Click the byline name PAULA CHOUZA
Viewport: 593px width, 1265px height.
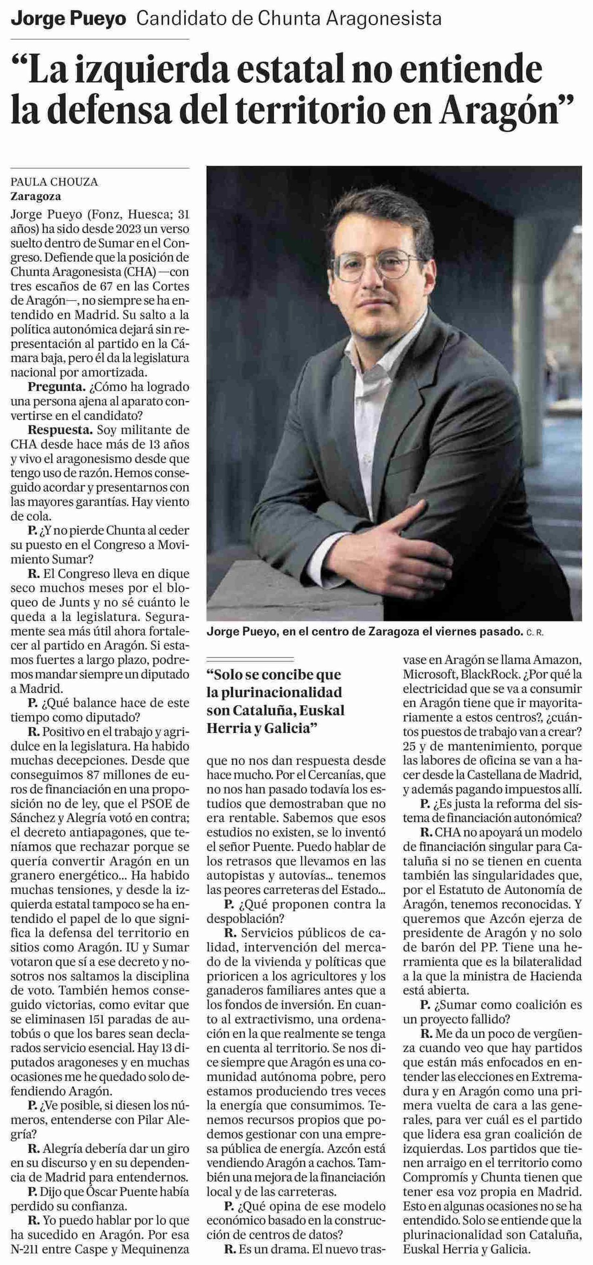tap(55, 182)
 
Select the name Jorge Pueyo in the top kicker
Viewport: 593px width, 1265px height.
tap(69, 19)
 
